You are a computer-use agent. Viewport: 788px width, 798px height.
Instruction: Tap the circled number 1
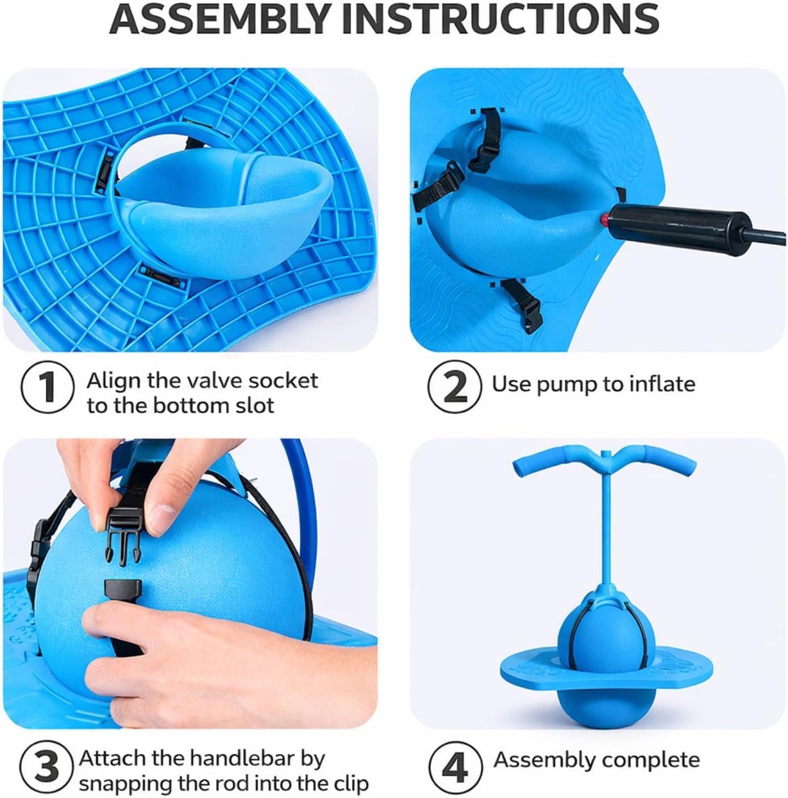48,387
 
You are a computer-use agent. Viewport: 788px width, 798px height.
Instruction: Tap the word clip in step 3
349,784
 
